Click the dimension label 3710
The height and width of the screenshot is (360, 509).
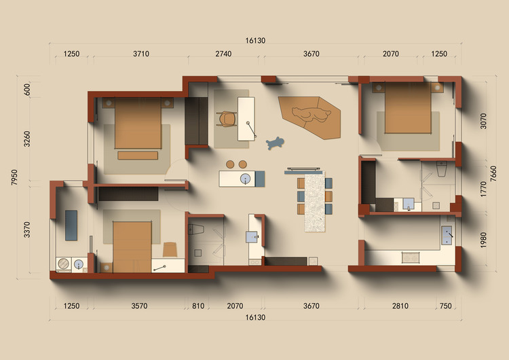[x=141, y=54]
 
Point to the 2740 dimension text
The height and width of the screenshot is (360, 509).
[x=223, y=54]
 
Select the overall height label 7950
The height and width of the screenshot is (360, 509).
[x=14, y=177]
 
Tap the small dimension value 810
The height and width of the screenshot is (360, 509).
[x=198, y=306]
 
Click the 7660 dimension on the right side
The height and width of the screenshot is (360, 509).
[x=493, y=174]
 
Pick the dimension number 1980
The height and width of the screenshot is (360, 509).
[x=483, y=240]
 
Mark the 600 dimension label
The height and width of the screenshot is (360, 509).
[x=26, y=90]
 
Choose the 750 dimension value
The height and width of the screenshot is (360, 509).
[x=445, y=306]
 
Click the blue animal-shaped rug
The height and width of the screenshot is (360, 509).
[x=275, y=143]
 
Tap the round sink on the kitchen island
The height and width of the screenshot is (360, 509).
[x=246, y=179]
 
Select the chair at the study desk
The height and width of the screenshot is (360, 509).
[x=227, y=119]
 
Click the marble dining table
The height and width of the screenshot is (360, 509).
[x=314, y=202]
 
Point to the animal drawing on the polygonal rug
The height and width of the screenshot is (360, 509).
[x=311, y=114]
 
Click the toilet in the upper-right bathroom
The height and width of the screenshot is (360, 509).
[x=442, y=168]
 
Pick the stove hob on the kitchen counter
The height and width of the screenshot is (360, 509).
[x=411, y=257]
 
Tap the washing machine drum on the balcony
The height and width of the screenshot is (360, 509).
[x=64, y=264]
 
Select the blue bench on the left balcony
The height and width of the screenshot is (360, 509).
[x=71, y=225]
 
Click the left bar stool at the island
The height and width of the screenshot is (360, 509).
[x=230, y=164]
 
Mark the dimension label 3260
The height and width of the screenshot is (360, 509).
[x=26, y=139]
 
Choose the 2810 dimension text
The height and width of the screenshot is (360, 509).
[x=400, y=306]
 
